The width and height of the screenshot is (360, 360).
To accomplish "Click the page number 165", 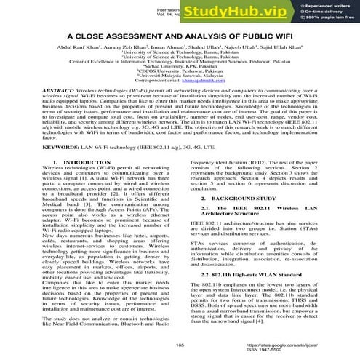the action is click(180, 343).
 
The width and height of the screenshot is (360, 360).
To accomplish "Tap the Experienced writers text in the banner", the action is click(327, 5).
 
